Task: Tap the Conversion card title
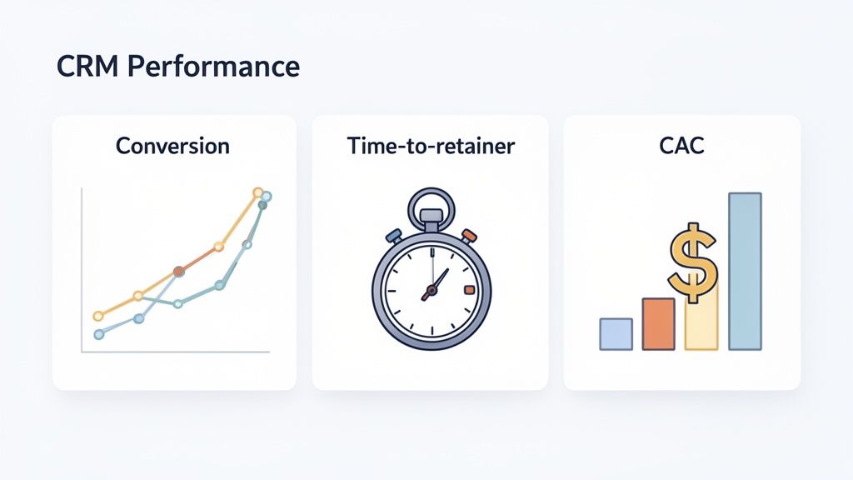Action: (172, 146)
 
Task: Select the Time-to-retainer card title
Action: (431, 146)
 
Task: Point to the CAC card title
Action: (681, 146)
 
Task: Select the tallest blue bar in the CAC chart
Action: (745, 271)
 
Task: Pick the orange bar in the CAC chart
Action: (658, 323)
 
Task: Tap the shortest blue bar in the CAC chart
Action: (616, 333)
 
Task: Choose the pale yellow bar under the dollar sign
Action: (701, 327)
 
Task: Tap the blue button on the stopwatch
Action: (394, 236)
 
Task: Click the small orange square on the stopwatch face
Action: (469, 290)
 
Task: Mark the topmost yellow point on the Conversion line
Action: (257, 192)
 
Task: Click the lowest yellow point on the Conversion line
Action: (97, 316)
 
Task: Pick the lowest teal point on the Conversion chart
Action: (99, 334)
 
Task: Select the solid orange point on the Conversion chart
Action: (178, 272)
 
